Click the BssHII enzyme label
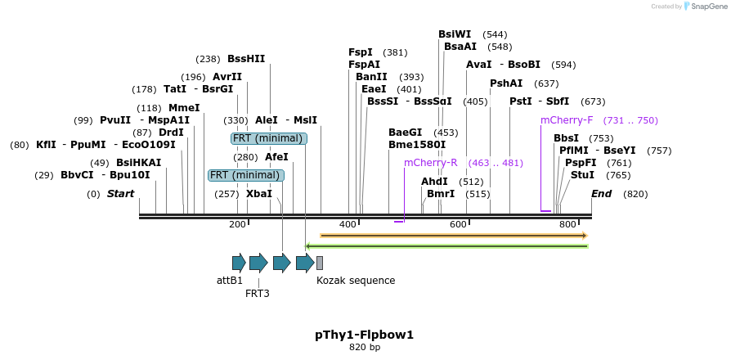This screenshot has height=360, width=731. pyautogui.click(x=246, y=59)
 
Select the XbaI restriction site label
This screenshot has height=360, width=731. pyautogui.click(x=259, y=194)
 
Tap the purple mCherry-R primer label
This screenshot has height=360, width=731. pyautogui.click(x=431, y=163)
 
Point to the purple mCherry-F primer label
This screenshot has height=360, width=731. pyautogui.click(x=567, y=120)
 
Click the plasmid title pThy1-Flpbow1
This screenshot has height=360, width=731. pyautogui.click(x=365, y=335)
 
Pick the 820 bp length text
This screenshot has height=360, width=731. pyautogui.click(x=365, y=348)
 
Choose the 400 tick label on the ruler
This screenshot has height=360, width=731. pyautogui.click(x=348, y=224)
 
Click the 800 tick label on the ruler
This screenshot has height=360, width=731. pyautogui.click(x=567, y=224)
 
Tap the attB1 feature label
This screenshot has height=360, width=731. pyautogui.click(x=230, y=281)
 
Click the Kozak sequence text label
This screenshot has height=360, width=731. pyautogui.click(x=356, y=281)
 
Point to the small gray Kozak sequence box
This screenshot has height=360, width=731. pyautogui.click(x=320, y=263)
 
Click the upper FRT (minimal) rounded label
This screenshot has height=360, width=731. pyautogui.click(x=269, y=138)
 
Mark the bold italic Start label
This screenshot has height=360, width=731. pyautogui.click(x=120, y=194)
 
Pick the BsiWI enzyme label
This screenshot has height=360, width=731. pyautogui.click(x=455, y=34)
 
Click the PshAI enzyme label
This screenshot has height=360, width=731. pyautogui.click(x=506, y=83)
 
